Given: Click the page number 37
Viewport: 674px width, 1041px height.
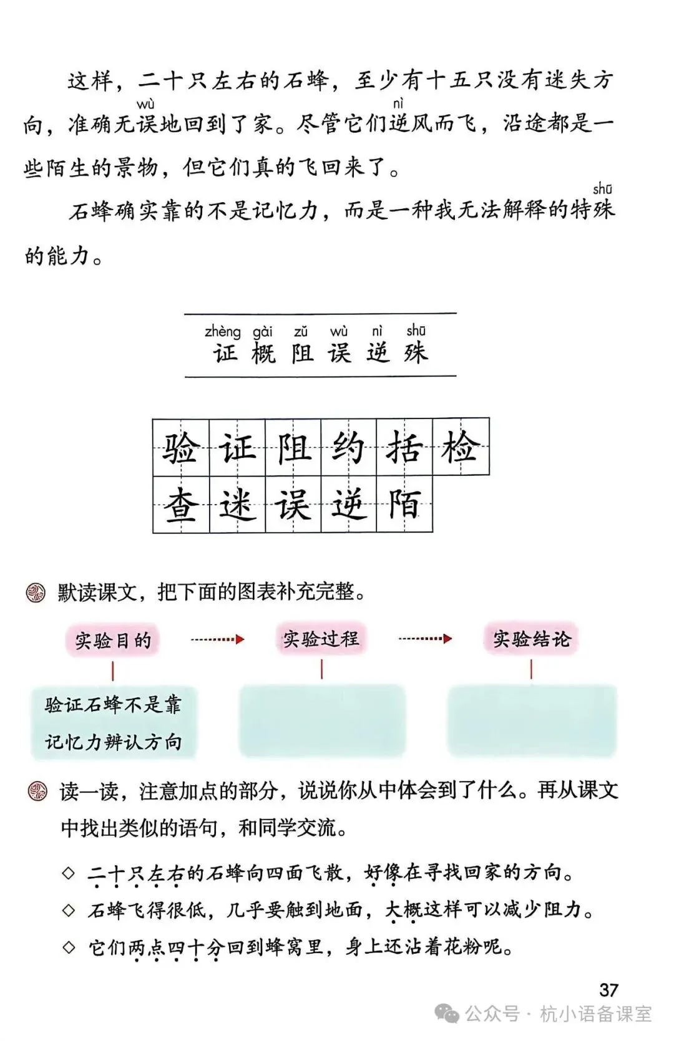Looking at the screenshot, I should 608,990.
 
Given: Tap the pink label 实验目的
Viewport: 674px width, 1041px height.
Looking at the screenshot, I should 113,640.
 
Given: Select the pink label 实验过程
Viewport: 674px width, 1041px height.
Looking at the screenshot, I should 321,639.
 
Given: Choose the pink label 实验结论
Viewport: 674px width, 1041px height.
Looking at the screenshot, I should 531,639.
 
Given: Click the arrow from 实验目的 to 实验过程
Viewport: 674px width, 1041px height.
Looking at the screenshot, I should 217,639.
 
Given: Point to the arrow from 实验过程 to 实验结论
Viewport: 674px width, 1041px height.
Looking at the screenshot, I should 425,639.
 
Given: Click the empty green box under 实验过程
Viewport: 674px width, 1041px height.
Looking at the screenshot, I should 322,720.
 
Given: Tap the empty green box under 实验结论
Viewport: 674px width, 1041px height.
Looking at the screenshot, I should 532,720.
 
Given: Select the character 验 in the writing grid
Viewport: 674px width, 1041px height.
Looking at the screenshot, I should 181,447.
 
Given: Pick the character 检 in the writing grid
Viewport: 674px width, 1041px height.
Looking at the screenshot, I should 461,447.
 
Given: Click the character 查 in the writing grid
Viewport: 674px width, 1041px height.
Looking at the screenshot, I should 181,504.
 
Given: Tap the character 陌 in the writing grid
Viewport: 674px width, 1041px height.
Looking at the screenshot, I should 404,504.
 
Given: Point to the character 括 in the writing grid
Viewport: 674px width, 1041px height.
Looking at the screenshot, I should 404,447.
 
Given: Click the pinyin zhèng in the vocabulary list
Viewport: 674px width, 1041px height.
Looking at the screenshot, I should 222,332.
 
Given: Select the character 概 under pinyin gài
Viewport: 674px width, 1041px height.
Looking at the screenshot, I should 263,354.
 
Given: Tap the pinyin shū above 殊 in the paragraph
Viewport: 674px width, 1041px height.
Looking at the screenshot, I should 602,188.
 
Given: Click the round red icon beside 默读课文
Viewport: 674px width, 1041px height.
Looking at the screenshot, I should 36,592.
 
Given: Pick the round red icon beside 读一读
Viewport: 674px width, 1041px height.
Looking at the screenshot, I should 37,792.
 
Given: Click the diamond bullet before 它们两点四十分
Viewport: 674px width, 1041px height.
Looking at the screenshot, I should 69,947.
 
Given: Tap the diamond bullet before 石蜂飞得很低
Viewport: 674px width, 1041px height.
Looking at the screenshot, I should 69,910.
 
